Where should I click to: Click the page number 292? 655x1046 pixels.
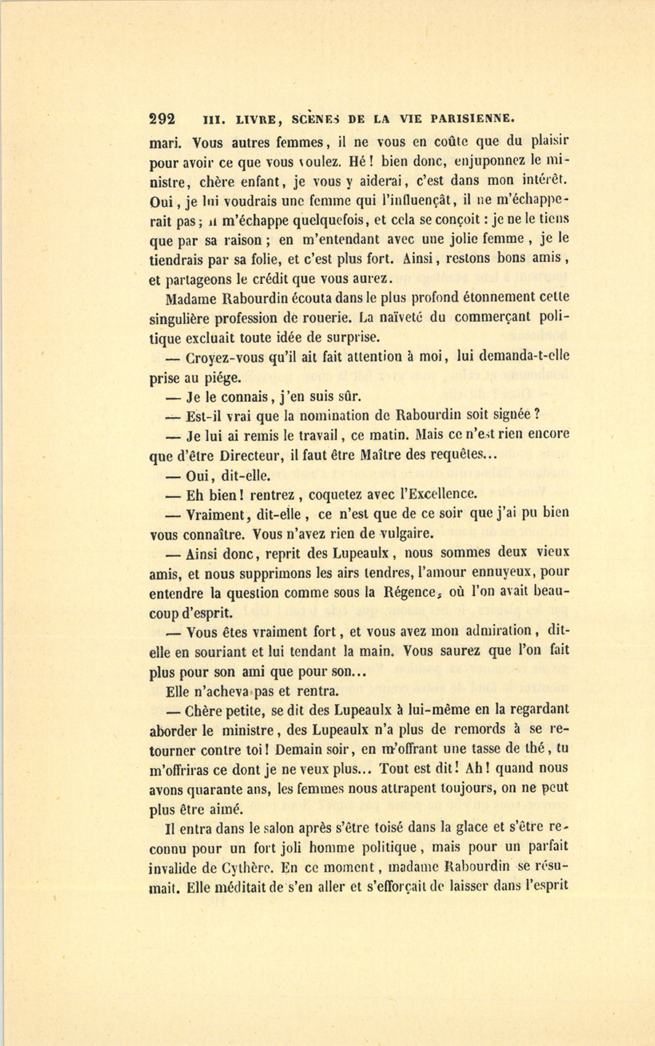tap(162, 119)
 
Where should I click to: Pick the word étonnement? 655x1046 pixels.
tap(443, 298)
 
